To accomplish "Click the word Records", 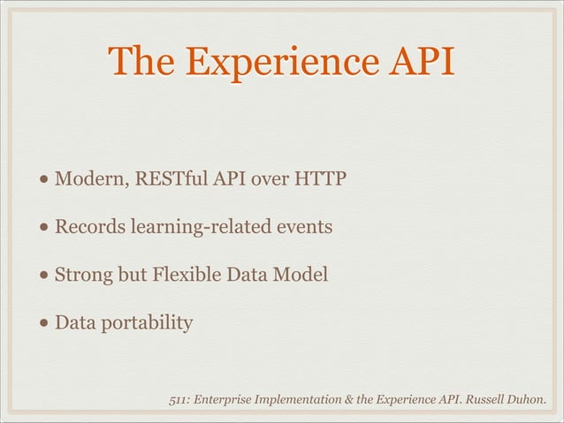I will pyautogui.click(x=90, y=228).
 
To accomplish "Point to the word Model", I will pyautogui.click(x=302, y=276).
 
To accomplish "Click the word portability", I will pyautogui.click(x=144, y=324).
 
